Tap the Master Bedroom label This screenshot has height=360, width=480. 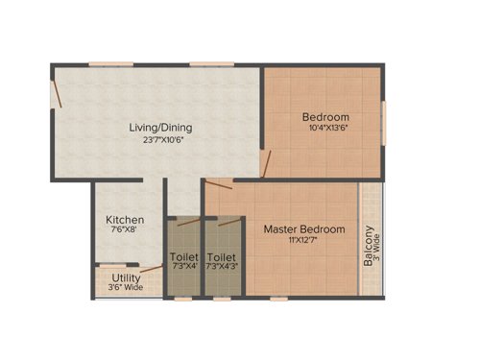tap(304, 228)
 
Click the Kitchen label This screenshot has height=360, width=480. tap(125, 220)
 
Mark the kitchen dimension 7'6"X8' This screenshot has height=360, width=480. tap(125, 231)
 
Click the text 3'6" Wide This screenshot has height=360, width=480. tap(125, 286)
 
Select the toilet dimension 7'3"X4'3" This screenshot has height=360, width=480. tap(222, 267)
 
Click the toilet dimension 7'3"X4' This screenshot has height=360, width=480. tap(183, 267)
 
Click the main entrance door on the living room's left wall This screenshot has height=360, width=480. tap(58, 93)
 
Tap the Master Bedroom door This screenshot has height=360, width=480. tap(220, 185)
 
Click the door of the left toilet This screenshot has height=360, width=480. tap(189, 224)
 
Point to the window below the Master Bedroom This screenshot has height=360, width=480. tap(278, 298)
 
